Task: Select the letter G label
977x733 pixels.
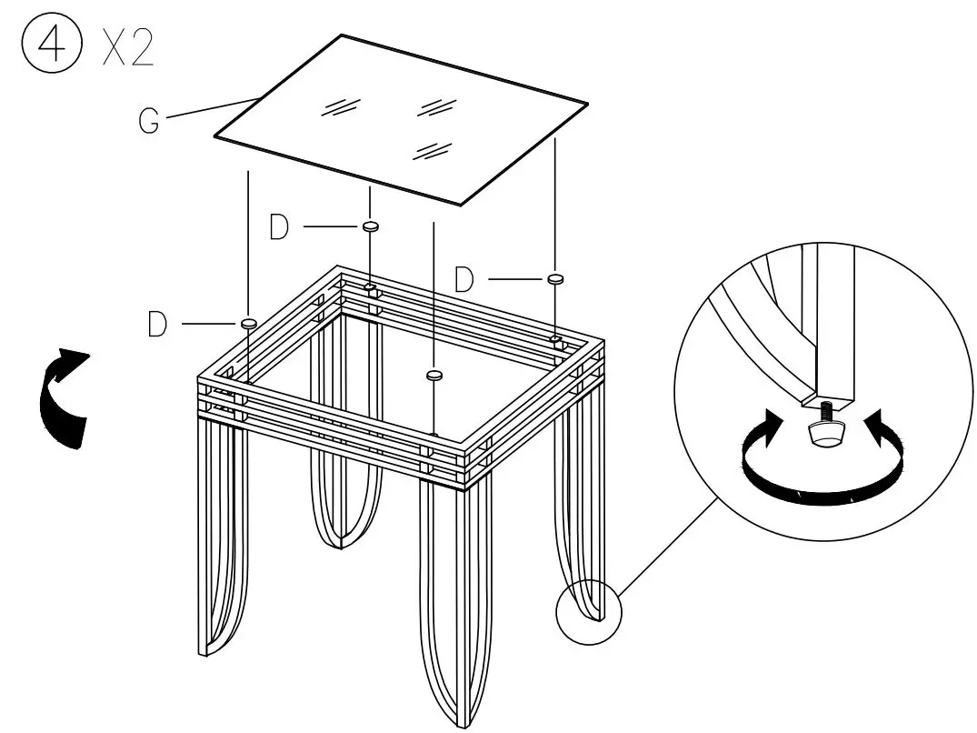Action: click(151, 122)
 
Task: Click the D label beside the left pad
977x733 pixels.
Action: click(157, 325)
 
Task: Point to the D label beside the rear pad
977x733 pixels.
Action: click(280, 226)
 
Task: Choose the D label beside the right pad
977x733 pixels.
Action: click(464, 279)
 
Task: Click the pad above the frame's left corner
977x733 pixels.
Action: click(248, 323)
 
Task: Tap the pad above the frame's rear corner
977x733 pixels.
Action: click(370, 226)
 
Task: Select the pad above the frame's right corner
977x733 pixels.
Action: click(555, 277)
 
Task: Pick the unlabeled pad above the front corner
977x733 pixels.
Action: click(435, 374)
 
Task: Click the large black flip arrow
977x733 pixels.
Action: click(64, 397)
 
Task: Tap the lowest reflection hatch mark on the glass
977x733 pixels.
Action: click(432, 150)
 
